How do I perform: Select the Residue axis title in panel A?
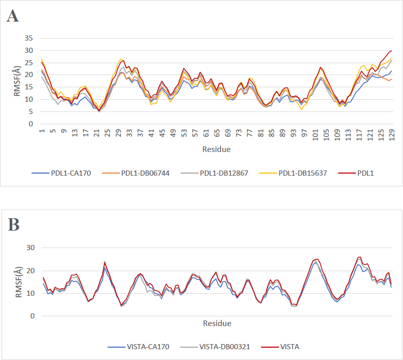216,149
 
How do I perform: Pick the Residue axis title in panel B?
216,324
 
